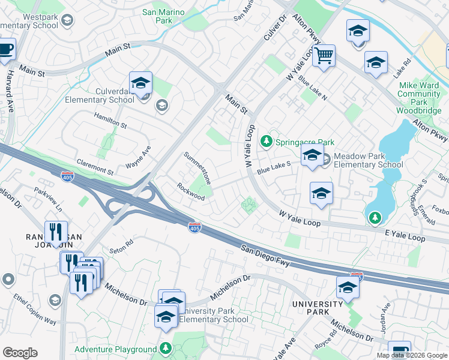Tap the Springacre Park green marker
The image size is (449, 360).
[x=267, y=142]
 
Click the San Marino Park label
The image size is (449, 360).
[x=163, y=16]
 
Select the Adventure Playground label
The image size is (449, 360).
[x=115, y=349]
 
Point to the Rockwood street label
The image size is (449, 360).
[x=191, y=192]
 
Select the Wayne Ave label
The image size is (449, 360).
[x=138, y=157]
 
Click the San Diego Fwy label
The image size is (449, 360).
[x=266, y=256]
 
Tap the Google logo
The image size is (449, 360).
[x=20, y=353]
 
